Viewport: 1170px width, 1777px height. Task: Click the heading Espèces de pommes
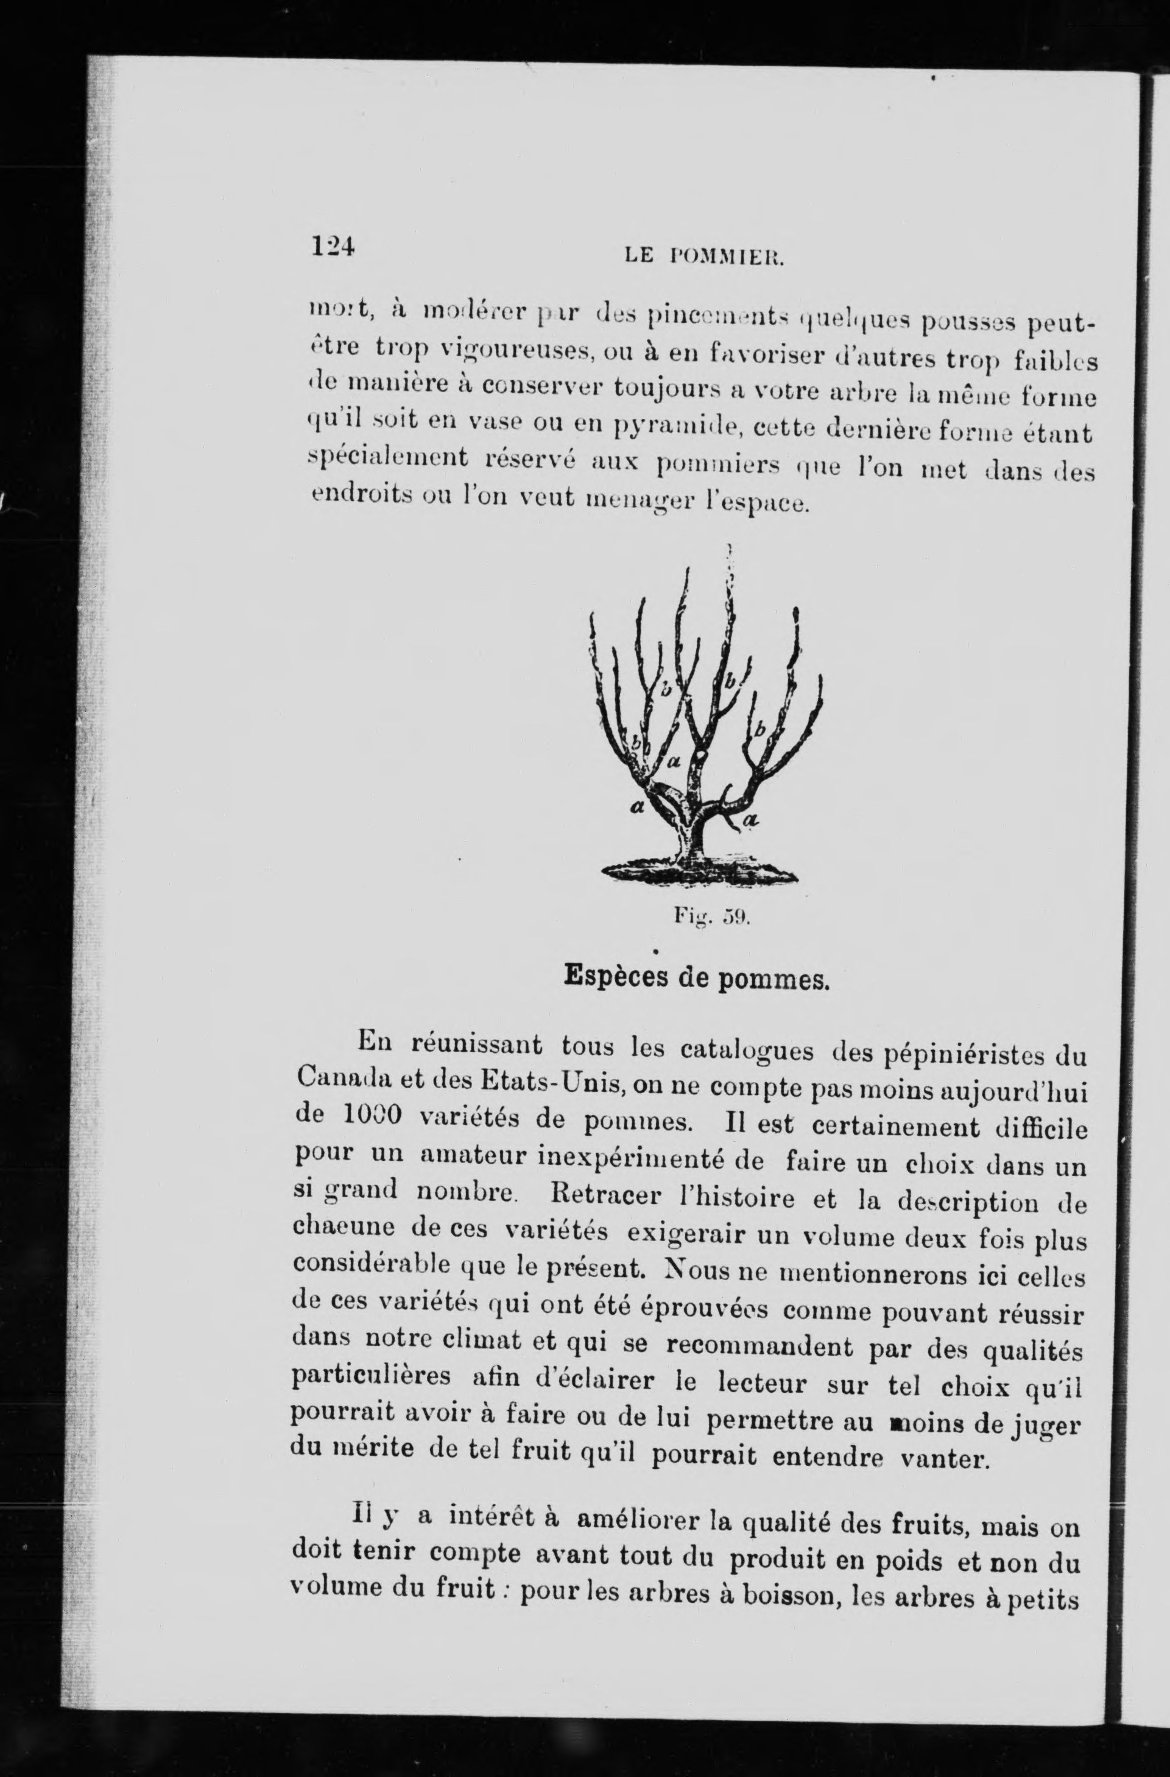[x=697, y=977]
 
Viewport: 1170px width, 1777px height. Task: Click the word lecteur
[x=761, y=1384]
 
